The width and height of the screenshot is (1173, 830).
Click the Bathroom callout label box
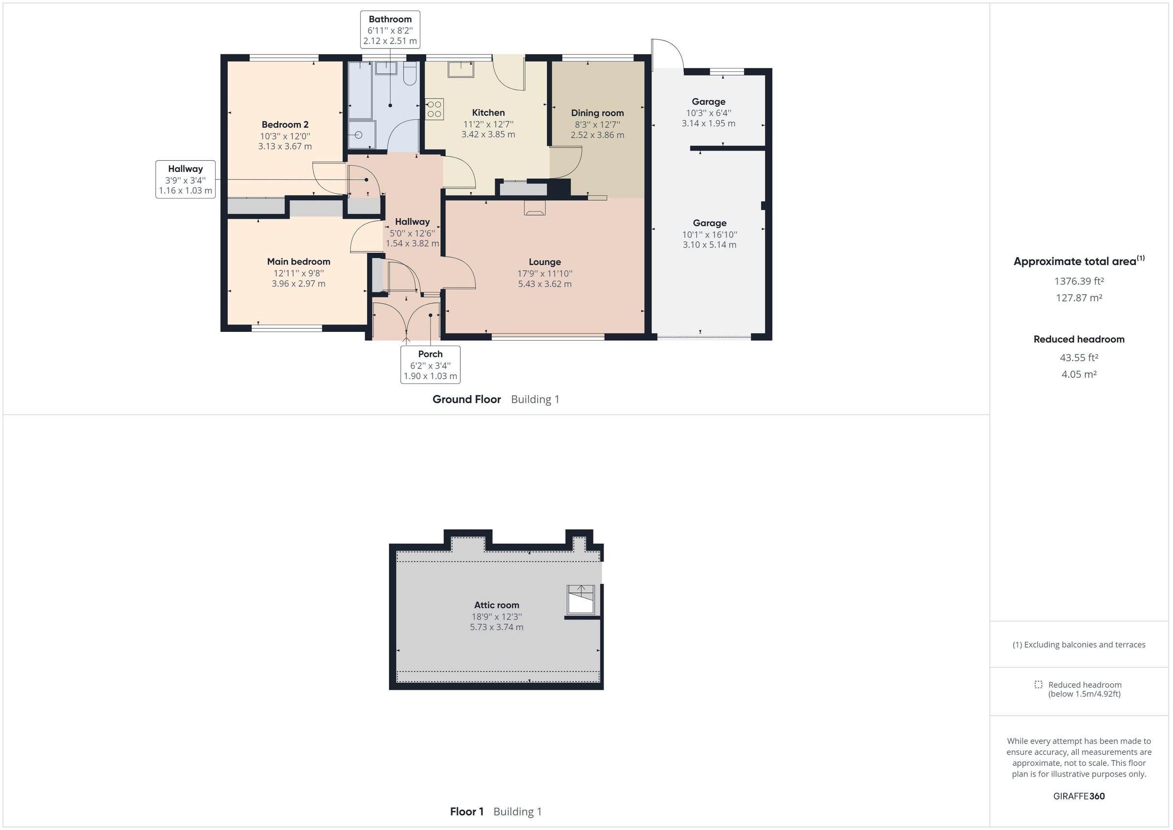coord(390,30)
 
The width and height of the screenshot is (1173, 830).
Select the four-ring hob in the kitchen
coord(434,109)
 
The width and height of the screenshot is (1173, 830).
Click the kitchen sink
coord(460,69)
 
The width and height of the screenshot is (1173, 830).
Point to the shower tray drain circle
coord(358,135)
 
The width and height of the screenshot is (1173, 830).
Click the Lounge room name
coord(544,262)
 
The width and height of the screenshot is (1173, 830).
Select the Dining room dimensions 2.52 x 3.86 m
coord(597,135)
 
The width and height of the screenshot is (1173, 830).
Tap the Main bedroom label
coord(298,262)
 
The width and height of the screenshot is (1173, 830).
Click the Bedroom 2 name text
coord(285,124)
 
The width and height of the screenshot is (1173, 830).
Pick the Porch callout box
coord(430,364)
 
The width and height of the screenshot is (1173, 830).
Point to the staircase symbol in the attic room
coord(582,599)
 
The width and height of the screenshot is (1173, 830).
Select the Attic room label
coord(497,605)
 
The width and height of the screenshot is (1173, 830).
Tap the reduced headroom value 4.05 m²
coord(1079,374)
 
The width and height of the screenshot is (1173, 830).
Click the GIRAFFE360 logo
coord(1079,796)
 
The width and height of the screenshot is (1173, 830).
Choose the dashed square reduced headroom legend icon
coord(1038,684)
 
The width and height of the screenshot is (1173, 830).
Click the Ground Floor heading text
coord(466,399)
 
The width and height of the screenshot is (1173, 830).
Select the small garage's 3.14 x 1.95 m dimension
coord(709,123)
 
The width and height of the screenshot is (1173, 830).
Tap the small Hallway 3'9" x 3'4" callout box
coord(185,179)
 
